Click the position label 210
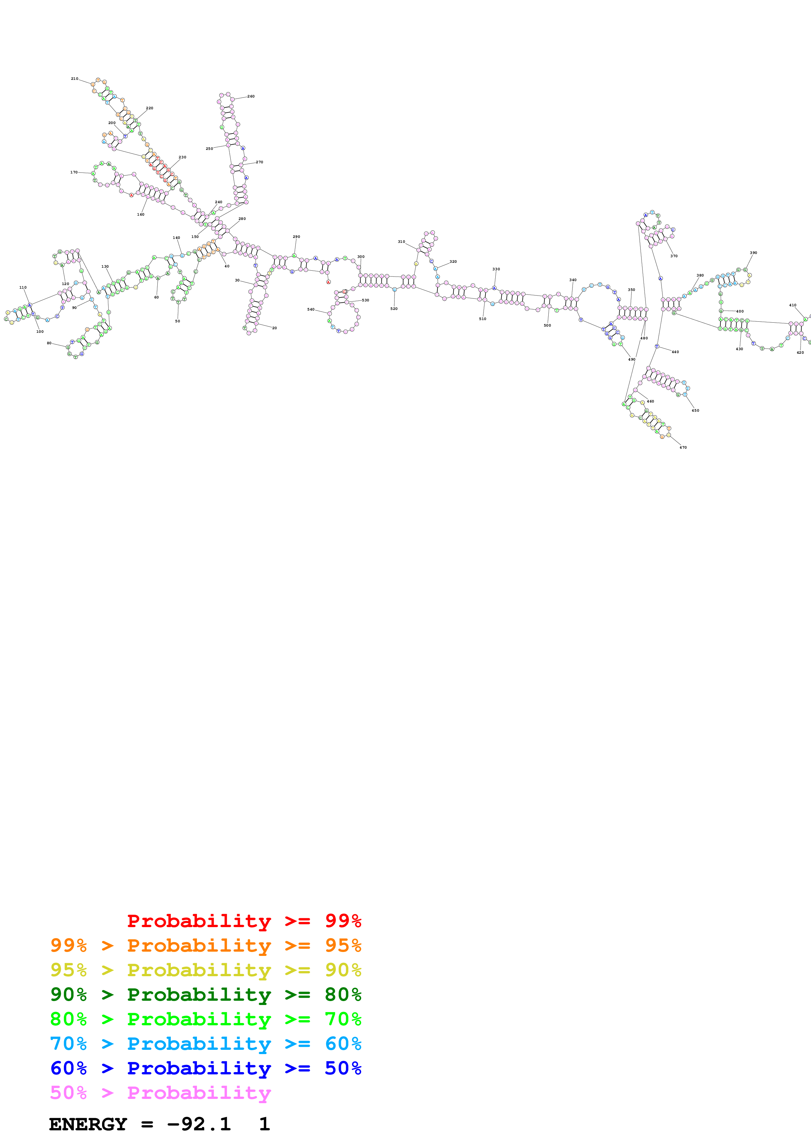point(75,79)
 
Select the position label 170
point(74,172)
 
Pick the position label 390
point(753,253)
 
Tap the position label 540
point(311,310)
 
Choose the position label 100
point(40,332)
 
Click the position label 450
point(695,410)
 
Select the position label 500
point(547,326)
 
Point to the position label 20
point(274,328)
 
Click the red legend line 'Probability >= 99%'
point(244,921)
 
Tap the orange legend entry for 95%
point(205,945)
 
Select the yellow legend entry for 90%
point(205,970)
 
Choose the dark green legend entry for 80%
point(205,995)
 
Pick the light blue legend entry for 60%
point(205,1044)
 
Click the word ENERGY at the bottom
point(88,1124)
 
